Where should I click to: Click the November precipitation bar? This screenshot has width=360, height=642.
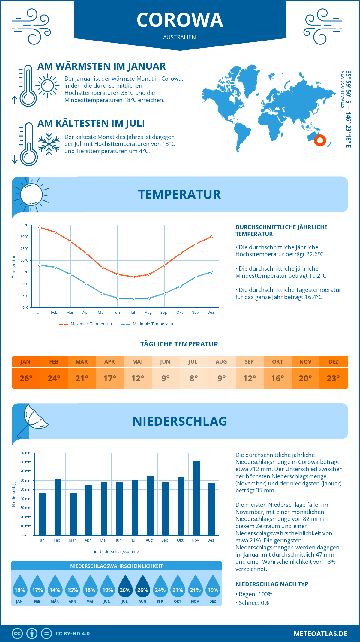point(196,498)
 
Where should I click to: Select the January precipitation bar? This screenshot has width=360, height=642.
point(43,514)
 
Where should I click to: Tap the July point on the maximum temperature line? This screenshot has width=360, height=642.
point(133,277)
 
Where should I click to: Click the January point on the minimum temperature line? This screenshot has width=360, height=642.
point(40,265)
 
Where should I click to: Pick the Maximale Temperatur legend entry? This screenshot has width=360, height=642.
point(86,324)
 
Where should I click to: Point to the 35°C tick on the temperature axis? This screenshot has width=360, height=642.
point(25,225)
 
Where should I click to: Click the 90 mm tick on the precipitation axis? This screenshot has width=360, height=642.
point(26,453)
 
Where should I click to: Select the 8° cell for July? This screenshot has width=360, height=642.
point(193,378)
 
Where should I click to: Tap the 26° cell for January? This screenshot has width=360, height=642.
point(26,378)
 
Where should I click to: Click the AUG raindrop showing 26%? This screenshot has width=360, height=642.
point(143,586)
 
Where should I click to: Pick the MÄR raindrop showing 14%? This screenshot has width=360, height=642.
point(55,586)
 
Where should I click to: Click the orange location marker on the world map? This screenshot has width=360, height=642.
point(320,140)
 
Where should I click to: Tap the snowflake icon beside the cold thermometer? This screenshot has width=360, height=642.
point(49,144)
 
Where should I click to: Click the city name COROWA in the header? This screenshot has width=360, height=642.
point(180,20)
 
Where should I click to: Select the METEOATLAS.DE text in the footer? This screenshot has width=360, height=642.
point(320,634)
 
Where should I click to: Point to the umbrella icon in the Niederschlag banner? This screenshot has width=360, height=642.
point(33,418)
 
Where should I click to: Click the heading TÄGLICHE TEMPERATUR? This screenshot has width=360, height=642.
point(179,344)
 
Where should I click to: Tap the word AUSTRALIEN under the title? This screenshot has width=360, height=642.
point(179,37)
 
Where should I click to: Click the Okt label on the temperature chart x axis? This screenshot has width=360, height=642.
point(179,313)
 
